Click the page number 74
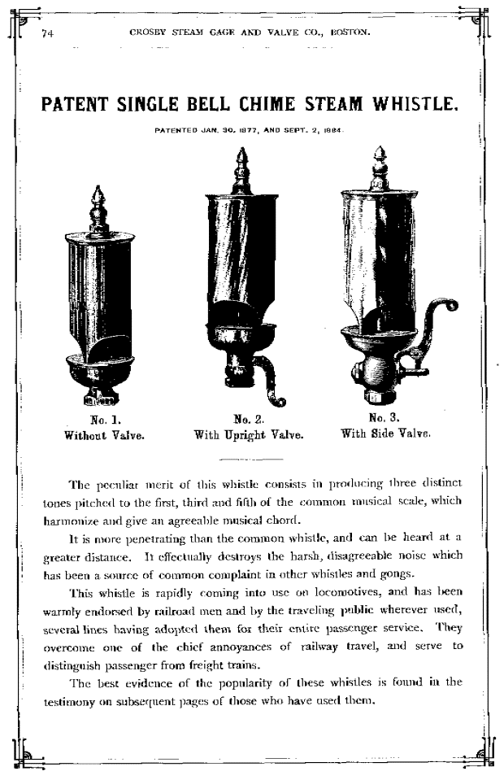click(46, 33)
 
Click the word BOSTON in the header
click(349, 33)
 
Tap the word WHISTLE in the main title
click(415, 104)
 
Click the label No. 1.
click(104, 421)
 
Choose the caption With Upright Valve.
click(249, 434)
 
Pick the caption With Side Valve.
click(385, 434)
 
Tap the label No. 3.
click(383, 419)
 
